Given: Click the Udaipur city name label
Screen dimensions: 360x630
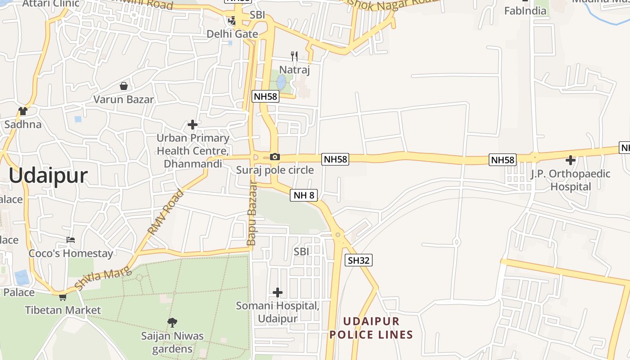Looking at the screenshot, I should click(48, 175).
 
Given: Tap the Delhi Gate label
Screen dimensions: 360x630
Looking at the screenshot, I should click(232, 34).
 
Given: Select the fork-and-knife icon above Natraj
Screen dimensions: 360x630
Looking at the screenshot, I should click(294, 56).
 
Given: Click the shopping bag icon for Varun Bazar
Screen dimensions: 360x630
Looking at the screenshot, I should click(123, 86).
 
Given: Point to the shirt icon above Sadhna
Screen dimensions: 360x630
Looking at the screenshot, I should click(23, 111).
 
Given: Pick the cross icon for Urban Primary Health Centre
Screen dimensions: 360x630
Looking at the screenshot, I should click(193, 125).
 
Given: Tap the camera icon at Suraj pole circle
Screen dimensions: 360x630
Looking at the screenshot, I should click(274, 157).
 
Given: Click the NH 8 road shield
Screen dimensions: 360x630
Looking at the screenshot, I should click(304, 195).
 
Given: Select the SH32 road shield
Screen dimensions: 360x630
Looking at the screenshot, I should click(359, 260).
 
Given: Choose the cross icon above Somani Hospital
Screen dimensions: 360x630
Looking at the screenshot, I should click(278, 292).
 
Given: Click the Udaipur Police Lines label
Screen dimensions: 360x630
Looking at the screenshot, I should click(371, 328).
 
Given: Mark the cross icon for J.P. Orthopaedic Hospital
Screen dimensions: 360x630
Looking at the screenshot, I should click(571, 160).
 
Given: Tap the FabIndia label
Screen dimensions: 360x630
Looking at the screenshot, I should click(525, 11).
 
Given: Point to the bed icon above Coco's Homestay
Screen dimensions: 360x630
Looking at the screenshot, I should click(71, 239).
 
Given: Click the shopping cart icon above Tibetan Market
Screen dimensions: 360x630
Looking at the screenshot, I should click(63, 297).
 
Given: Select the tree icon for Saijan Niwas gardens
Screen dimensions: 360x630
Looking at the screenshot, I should click(172, 322).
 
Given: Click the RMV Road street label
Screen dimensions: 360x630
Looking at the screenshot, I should click(166, 212).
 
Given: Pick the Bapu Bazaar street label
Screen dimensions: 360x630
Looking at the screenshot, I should click(251, 213).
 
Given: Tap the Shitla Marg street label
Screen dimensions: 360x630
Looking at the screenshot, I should click(103, 278).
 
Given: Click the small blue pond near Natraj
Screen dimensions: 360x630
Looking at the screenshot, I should click(281, 81).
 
